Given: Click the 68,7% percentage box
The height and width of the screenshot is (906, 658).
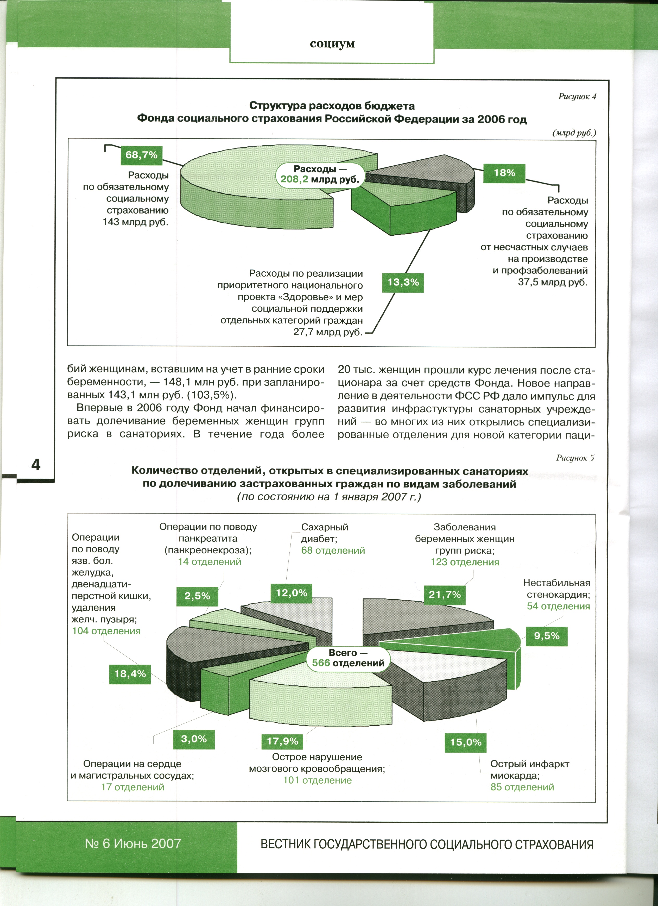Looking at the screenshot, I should (141, 155).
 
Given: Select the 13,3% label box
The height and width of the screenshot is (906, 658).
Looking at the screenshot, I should (403, 283).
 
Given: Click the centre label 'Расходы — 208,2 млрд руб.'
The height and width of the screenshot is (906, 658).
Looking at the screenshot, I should (320, 174).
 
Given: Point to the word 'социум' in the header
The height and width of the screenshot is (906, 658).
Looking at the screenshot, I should (332, 43).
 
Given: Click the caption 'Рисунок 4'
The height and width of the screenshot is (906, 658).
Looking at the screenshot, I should (577, 96).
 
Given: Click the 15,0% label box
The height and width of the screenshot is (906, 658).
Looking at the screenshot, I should (466, 742).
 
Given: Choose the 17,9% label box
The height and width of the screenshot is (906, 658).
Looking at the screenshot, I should (282, 741).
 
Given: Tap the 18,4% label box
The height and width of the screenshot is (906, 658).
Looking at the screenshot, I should (130, 674).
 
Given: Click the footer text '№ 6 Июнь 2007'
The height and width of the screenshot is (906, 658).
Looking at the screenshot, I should (133, 843).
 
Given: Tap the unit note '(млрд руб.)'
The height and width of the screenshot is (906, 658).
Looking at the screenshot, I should (574, 133).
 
